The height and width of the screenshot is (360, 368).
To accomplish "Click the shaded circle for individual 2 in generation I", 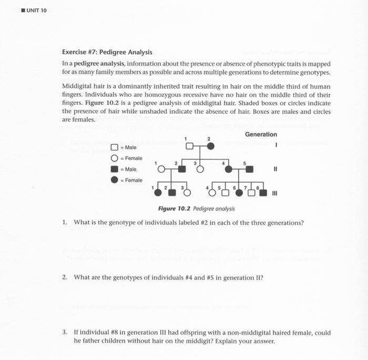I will point(210,146).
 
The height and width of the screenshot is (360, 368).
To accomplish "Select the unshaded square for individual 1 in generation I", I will point(190,146).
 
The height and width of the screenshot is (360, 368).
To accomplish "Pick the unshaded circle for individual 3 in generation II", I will point(200,169).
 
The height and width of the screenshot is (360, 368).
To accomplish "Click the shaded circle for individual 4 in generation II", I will point(229,169).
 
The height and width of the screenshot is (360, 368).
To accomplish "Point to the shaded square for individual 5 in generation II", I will point(249,169).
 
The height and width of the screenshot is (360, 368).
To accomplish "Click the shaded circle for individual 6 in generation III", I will point(239,193).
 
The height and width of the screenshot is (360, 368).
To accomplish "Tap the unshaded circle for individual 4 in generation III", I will point(212,193).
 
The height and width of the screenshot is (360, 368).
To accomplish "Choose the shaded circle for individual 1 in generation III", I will point(157,193).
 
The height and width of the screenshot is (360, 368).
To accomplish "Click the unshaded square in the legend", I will point(114,147).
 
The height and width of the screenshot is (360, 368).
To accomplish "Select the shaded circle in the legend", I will point(114,180).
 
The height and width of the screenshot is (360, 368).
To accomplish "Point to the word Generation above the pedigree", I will point(261,135).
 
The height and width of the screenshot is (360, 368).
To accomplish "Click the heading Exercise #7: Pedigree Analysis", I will point(107,52).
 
